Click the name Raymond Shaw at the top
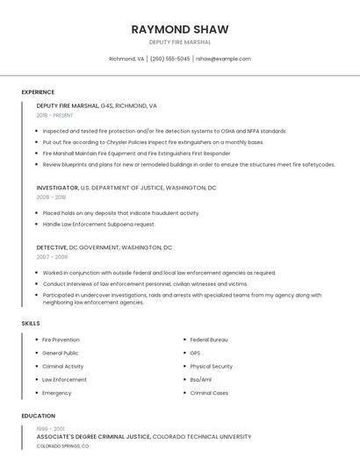(x=179, y=29)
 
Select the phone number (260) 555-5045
(x=169, y=59)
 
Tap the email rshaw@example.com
(x=223, y=59)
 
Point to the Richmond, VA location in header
(x=126, y=59)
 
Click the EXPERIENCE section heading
(x=38, y=92)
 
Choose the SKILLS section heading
(x=31, y=324)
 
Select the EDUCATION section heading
(x=38, y=416)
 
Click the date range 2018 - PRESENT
(x=54, y=115)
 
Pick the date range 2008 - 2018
(x=50, y=197)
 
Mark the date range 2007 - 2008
(x=52, y=257)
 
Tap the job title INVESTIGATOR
(x=57, y=188)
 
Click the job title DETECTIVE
(x=52, y=247)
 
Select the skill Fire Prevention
(x=61, y=340)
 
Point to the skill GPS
(x=195, y=353)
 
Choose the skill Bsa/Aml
(x=201, y=379)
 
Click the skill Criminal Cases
(x=209, y=393)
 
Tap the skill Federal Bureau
(x=209, y=340)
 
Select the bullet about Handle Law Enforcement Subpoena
(x=98, y=224)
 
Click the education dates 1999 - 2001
(x=49, y=427)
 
